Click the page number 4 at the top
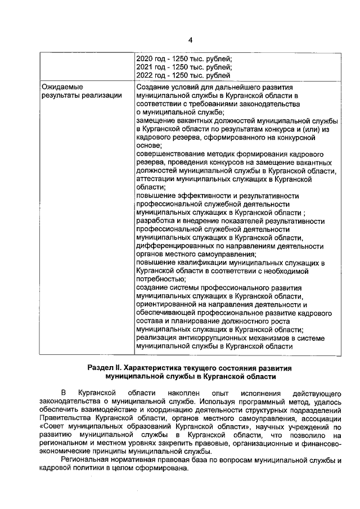190,40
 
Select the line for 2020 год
184,58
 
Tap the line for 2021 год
184,66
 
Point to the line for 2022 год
183,75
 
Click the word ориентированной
166,304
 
